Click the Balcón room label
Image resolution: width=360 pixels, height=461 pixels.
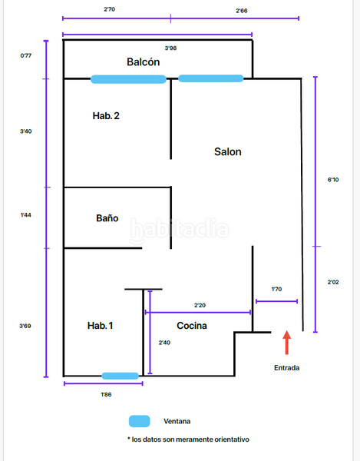144,61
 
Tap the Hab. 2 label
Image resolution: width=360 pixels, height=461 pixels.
106,116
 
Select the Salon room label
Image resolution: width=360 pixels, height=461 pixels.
227,151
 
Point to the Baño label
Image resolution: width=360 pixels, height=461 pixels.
107,218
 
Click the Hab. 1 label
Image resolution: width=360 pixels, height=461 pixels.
101,326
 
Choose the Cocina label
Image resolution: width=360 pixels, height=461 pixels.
192,326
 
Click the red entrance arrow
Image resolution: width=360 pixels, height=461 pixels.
287,343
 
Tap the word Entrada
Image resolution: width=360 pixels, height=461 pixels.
287,368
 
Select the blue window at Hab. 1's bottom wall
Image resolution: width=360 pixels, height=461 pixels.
121,376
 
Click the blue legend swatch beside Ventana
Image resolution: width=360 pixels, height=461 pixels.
140,421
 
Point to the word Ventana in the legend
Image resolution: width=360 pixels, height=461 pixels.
177,421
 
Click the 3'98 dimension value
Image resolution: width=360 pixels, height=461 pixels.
171,48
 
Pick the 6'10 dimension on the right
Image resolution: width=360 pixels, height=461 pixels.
333,180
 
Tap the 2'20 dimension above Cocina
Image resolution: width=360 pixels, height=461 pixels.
200,305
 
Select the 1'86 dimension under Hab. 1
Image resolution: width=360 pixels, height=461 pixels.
107,394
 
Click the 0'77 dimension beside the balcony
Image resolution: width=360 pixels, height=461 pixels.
26,55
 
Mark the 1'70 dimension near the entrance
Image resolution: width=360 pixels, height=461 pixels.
276,290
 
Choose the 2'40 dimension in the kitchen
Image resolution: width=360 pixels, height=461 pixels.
164,343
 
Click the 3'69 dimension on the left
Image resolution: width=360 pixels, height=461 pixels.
26,326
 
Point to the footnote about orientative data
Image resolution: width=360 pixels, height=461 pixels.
188,439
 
